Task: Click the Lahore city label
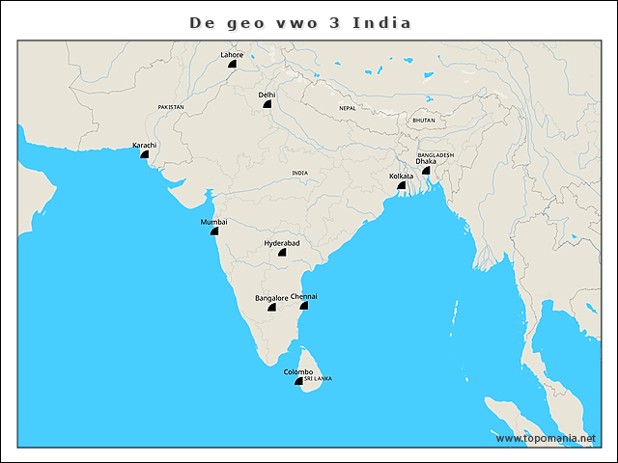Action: tap(232, 55)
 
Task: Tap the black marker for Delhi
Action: tap(267, 103)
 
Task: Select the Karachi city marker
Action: tap(144, 153)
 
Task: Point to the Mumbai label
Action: tap(213, 222)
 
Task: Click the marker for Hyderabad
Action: tap(283, 253)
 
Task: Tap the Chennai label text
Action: tap(303, 296)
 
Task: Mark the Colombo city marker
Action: tap(299, 381)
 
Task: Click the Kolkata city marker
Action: tap(402, 185)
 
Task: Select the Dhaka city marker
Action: tap(426, 170)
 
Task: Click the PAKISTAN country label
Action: tap(171, 107)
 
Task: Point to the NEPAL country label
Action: tap(347, 108)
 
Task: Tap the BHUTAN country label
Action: tap(424, 121)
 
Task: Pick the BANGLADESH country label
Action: tap(435, 154)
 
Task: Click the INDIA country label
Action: tap(300, 173)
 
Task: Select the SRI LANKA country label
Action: tap(318, 379)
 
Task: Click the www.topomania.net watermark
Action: tap(546, 438)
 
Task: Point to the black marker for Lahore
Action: tap(232, 64)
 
